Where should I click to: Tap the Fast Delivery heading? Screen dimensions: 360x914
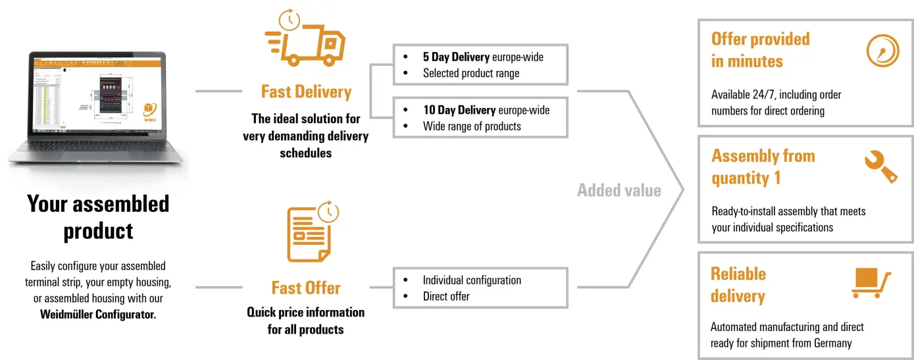(x=306, y=91)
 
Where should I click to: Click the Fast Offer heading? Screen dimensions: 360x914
(x=306, y=288)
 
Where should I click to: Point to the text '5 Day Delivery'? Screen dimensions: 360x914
(x=457, y=57)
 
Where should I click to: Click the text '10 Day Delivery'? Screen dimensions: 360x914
(x=459, y=110)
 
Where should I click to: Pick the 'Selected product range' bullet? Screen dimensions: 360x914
(x=470, y=73)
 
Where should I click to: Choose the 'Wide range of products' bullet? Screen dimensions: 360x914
(x=471, y=126)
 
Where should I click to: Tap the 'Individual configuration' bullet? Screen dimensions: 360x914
(x=471, y=280)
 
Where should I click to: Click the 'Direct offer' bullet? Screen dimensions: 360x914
(x=445, y=296)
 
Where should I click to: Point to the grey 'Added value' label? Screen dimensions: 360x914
(x=619, y=190)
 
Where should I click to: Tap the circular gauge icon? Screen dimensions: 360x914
(x=882, y=51)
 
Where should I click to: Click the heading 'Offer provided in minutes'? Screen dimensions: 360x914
(x=760, y=50)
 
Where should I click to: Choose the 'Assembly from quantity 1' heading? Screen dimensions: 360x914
(x=763, y=167)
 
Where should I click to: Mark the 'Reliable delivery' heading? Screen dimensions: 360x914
(x=738, y=284)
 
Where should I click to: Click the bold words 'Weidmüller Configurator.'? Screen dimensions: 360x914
(x=98, y=314)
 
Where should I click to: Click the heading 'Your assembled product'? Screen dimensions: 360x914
(x=98, y=217)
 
